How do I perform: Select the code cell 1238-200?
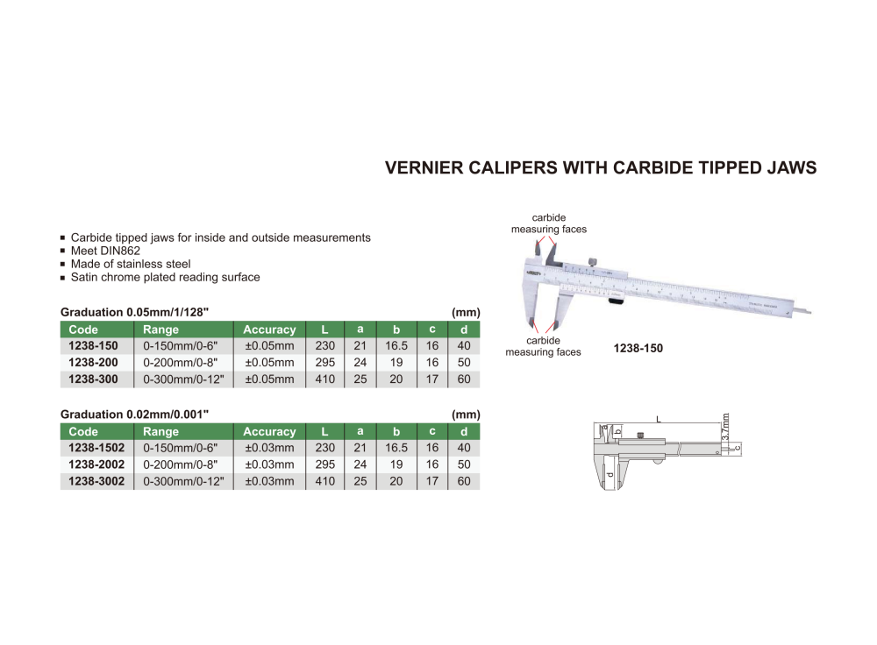point(93,363)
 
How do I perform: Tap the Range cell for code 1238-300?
point(183,379)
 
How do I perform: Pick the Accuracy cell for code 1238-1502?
point(269,448)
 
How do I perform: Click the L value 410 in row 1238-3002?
point(324,481)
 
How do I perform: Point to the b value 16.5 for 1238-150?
point(396,346)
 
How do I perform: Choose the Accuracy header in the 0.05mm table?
point(269,330)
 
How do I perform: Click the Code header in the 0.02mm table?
point(83,431)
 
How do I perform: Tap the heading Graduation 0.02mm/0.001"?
point(134,415)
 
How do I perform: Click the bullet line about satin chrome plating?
point(165,277)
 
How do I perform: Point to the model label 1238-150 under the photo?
point(638,348)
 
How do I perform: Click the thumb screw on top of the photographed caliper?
point(593,261)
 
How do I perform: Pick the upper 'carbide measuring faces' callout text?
point(549,223)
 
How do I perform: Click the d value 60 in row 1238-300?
point(464,379)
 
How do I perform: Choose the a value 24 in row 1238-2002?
point(360,464)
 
